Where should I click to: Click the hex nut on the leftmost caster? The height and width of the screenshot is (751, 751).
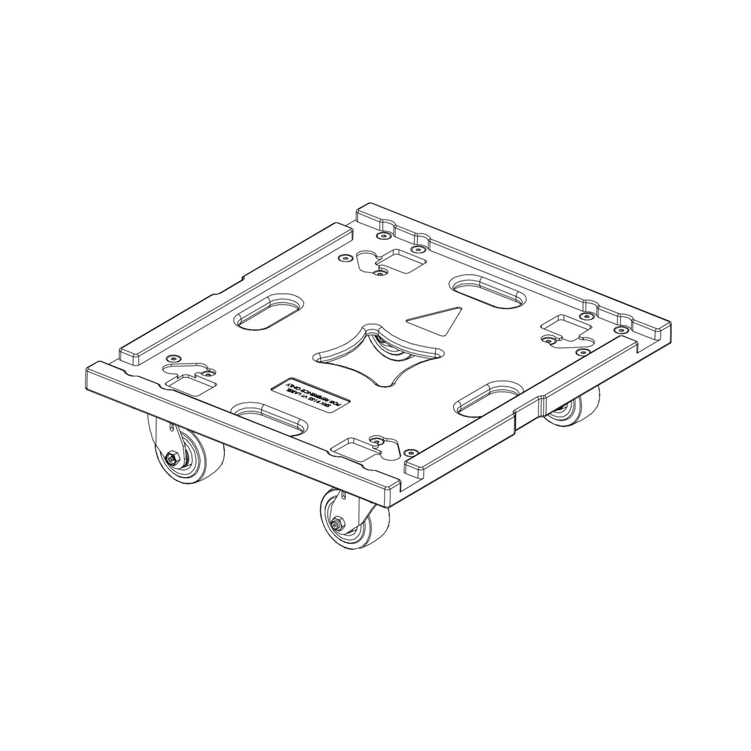tap(172, 458)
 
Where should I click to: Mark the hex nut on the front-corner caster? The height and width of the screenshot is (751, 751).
tap(338, 523)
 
